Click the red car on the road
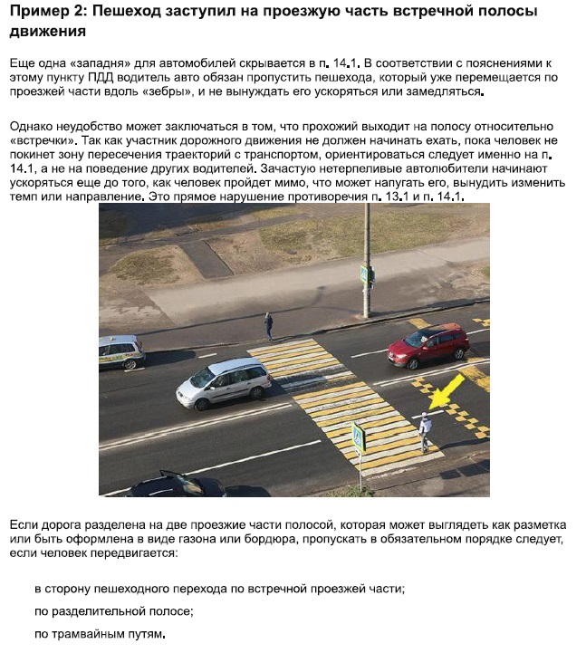tap(428, 345)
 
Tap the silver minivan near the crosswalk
tap(224, 382)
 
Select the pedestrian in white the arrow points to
tap(424, 431)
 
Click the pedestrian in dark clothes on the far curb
tap(268, 325)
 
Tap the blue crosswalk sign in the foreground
tap(359, 439)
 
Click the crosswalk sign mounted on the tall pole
tap(364, 274)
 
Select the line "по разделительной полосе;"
tap(114, 611)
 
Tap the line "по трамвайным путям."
tap(101, 633)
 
